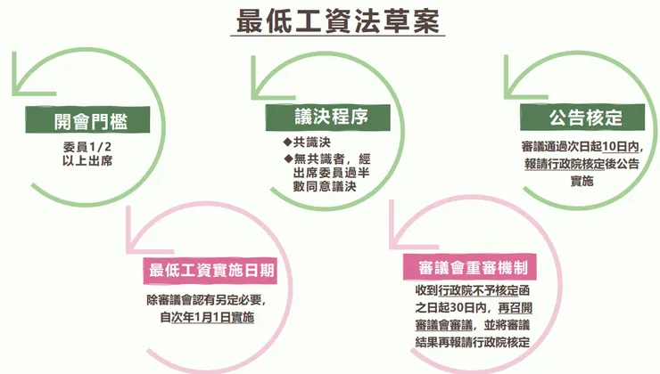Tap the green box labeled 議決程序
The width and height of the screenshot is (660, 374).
click(318, 117)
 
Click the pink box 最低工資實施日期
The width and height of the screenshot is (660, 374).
click(210, 270)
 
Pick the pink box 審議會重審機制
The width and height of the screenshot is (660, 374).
click(469, 267)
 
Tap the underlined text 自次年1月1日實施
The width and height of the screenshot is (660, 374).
click(206, 316)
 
